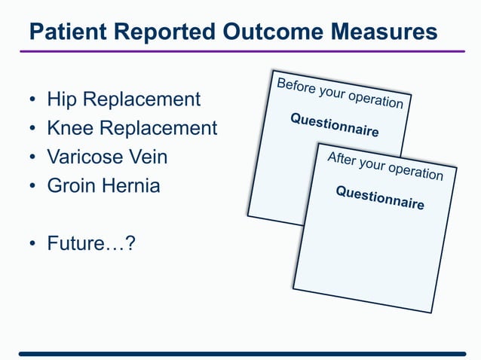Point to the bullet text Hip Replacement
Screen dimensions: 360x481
(124, 99)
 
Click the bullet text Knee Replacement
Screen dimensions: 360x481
(132, 128)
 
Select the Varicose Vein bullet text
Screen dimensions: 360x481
(107, 157)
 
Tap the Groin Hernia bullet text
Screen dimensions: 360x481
(103, 186)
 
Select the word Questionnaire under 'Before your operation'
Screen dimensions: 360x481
(335, 125)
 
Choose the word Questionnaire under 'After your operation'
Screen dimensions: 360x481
(380, 198)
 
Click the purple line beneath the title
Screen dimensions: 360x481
(241, 51)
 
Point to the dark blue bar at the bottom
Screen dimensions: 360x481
(241, 352)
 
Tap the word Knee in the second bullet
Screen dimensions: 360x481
(66, 128)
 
